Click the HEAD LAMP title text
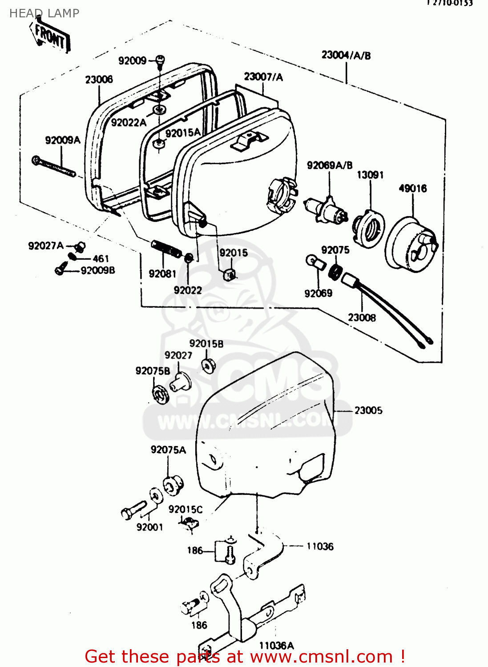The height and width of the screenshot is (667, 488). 44,13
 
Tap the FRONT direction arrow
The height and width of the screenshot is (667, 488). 50,37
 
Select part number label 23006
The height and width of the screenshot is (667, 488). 99,80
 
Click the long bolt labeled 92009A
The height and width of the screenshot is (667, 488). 53,167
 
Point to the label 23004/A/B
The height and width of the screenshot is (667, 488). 346,56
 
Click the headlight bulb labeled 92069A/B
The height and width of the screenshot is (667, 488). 326,210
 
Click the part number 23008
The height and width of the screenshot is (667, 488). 361,317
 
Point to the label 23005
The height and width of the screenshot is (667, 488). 368,410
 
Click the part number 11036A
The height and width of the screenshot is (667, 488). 276,646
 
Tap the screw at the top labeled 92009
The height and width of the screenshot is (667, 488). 160,60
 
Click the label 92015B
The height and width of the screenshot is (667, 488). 206,344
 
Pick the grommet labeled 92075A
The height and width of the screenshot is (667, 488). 173,485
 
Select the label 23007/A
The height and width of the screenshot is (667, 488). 263,77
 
